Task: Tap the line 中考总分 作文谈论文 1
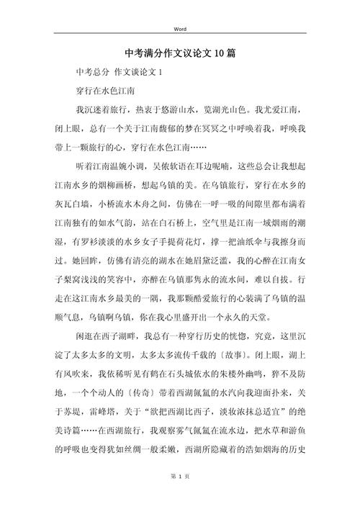120,73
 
